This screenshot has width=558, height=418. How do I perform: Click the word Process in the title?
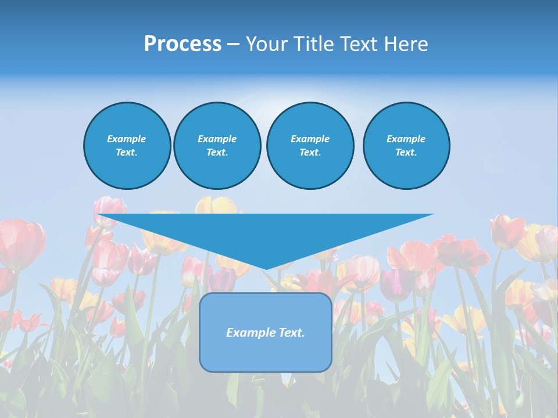tap(183, 44)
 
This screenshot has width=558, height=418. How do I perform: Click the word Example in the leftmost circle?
tap(127, 139)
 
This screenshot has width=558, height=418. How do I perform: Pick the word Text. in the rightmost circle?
tap(406, 153)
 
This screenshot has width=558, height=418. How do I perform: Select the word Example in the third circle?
tap(310, 139)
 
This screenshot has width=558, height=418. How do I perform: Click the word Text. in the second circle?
tap(217, 153)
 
